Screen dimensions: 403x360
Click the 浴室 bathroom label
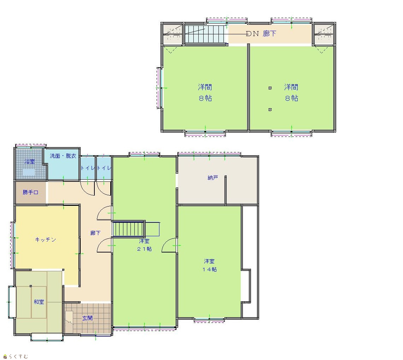pos(30,162)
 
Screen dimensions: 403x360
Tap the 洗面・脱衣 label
pos(63,156)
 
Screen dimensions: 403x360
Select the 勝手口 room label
pos(31,192)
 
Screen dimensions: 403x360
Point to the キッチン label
pos(46,240)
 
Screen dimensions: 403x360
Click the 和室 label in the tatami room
pos(39,302)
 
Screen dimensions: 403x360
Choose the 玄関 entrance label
pos(87,318)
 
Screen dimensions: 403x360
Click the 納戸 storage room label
pos(213,178)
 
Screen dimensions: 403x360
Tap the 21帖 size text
pos(144,249)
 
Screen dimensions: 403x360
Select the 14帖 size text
pos(210,269)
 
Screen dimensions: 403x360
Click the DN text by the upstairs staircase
pos(252,34)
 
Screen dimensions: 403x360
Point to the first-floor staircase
pos(129,229)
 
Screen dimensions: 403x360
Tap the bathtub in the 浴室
pos(29,172)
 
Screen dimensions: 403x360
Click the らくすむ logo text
pos(18,356)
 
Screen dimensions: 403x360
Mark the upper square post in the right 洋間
pos(270,88)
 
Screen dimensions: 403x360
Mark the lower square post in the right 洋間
pos(270,110)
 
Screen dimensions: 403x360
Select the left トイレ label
pos(88,168)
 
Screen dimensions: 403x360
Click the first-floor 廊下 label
pos(95,233)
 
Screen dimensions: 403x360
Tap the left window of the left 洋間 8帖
pos(159,88)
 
